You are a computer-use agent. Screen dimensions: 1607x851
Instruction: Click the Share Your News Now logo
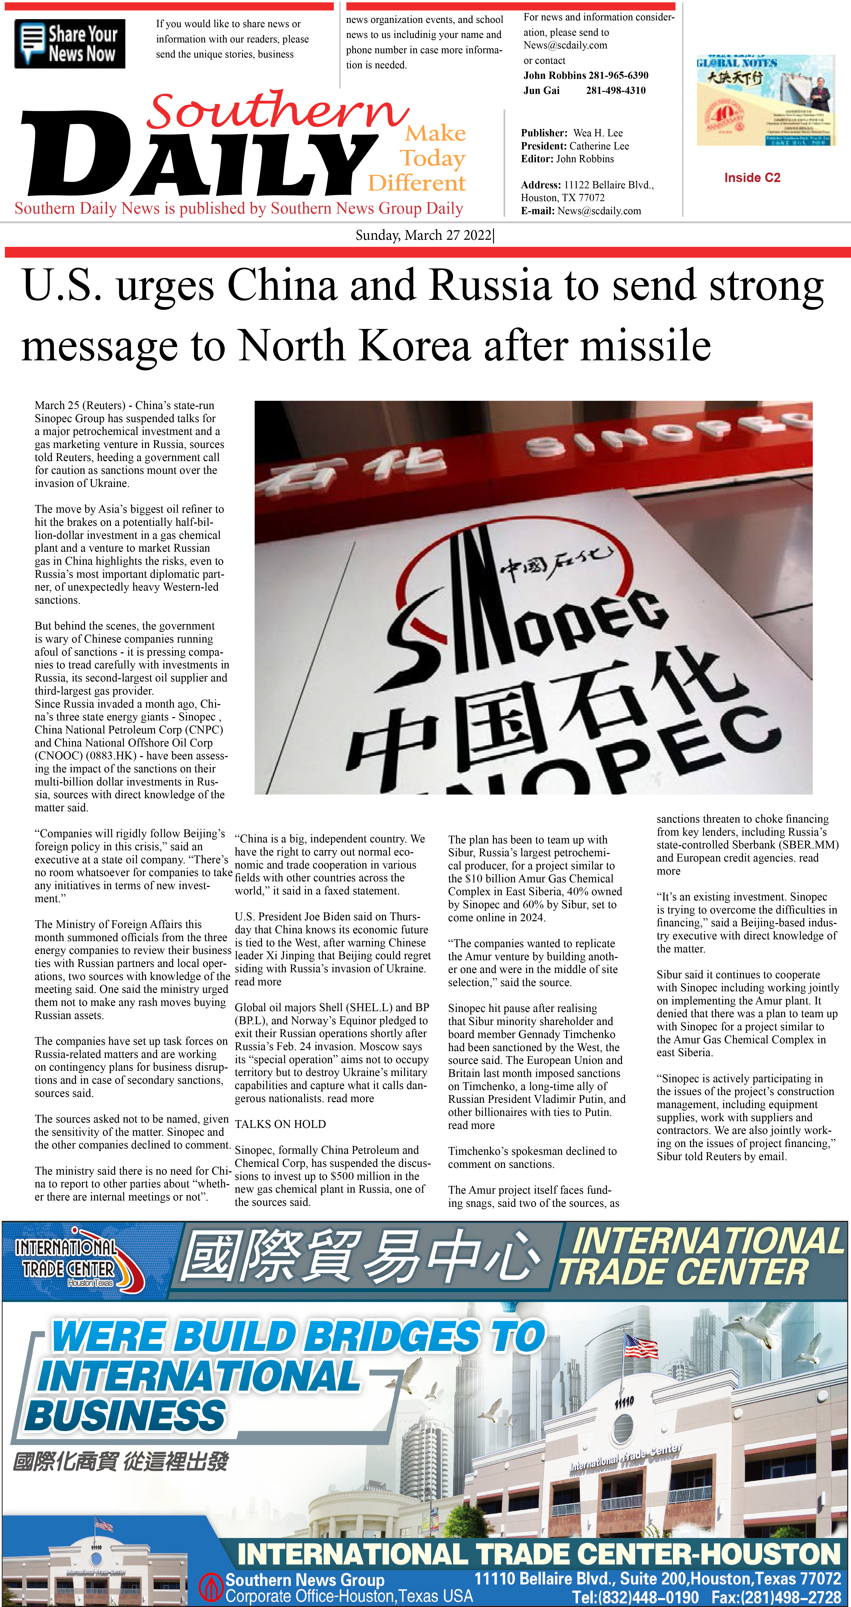(x=70, y=44)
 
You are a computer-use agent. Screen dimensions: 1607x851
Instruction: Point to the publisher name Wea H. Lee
(x=598, y=133)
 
